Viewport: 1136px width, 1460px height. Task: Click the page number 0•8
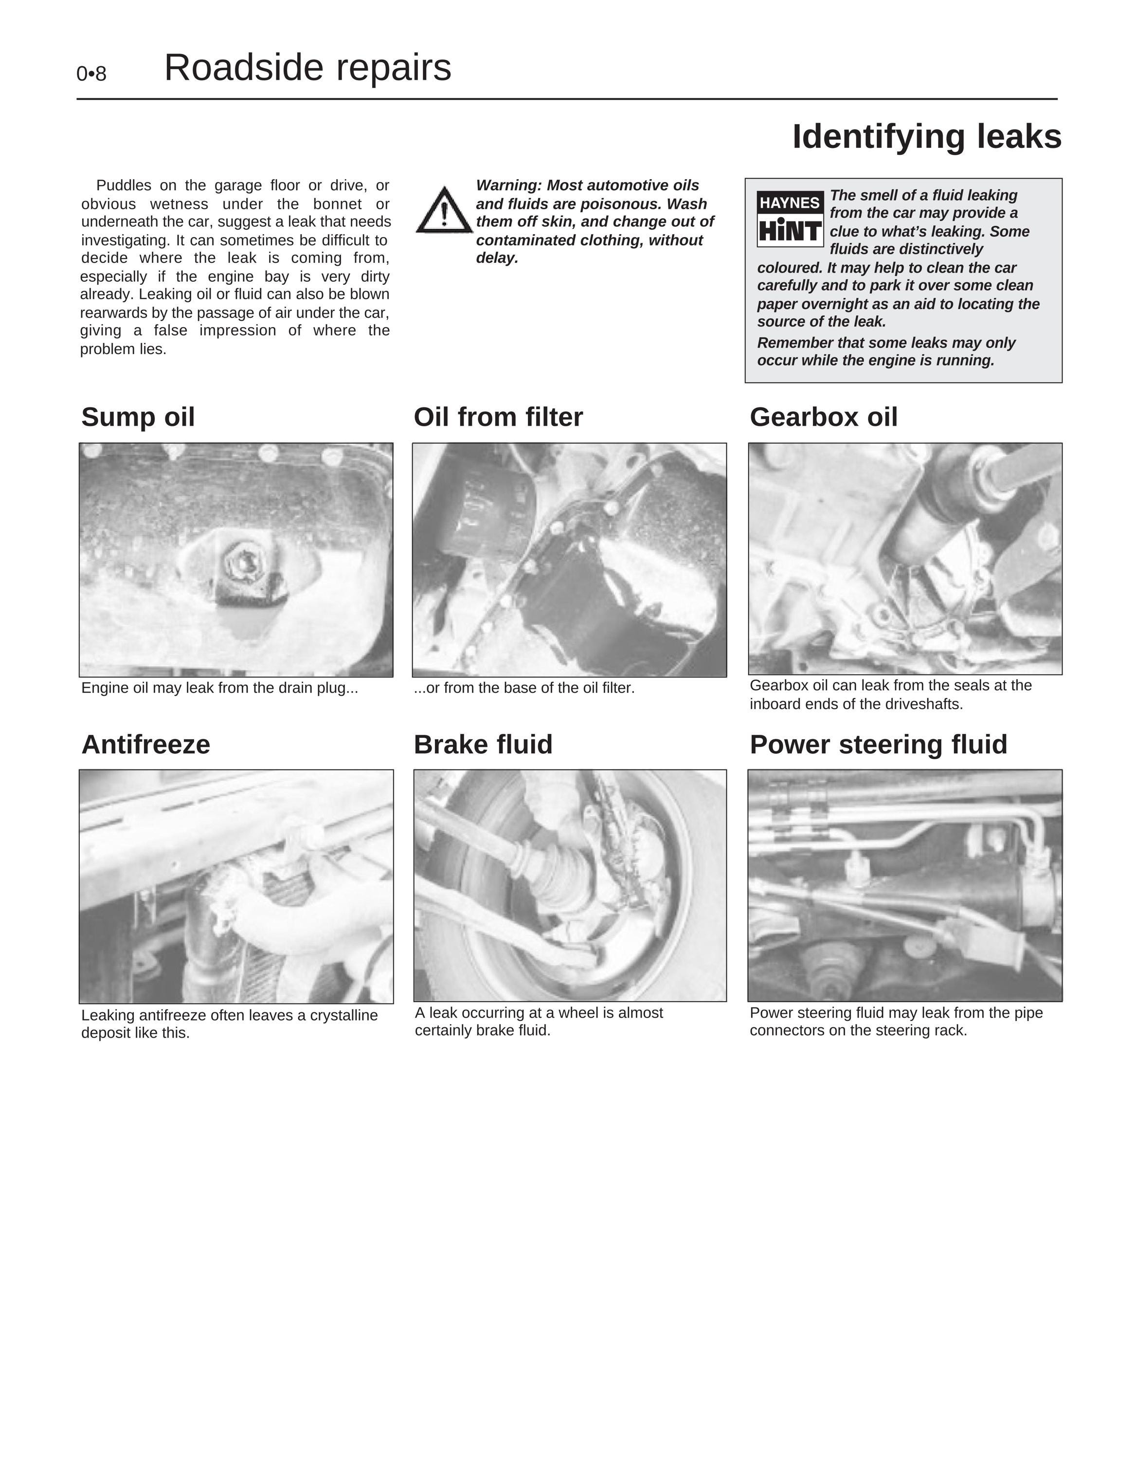click(x=91, y=74)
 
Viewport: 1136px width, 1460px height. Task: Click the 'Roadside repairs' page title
click(x=307, y=68)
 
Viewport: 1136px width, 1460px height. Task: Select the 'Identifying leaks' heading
click(x=927, y=137)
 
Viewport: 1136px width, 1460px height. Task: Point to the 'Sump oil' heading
click(x=138, y=417)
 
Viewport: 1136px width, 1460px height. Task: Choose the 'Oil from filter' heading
click(x=499, y=417)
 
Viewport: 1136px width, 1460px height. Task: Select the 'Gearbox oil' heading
click(x=824, y=417)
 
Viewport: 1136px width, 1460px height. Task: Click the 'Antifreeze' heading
click(x=145, y=745)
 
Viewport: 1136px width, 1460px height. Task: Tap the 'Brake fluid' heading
click(x=483, y=745)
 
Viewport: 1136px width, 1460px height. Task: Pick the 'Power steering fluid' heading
click(x=879, y=745)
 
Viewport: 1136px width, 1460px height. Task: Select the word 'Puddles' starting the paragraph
click(x=124, y=185)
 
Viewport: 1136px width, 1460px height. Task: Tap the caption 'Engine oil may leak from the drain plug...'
click(x=220, y=688)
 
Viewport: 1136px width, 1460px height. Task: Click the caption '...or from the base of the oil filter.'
click(x=524, y=688)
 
